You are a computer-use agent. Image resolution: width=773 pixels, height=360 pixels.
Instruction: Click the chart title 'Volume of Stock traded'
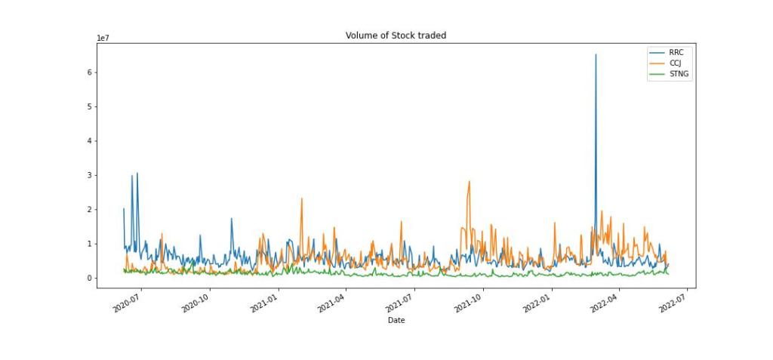[396, 35]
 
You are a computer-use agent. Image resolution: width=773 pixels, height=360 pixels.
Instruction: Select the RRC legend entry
[676, 52]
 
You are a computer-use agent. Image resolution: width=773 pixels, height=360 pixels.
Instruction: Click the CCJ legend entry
[675, 63]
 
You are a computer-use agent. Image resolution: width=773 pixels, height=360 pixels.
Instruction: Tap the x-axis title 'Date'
[396, 321]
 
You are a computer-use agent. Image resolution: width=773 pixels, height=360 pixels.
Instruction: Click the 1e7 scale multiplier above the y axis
[103, 38]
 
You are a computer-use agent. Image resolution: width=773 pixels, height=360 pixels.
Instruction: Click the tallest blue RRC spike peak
[596, 54]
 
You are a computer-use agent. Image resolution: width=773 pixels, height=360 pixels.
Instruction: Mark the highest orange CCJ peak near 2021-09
[470, 181]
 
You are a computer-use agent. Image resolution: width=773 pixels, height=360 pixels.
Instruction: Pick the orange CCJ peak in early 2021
[302, 198]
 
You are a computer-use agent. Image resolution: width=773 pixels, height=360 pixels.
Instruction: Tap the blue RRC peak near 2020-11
[232, 219]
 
